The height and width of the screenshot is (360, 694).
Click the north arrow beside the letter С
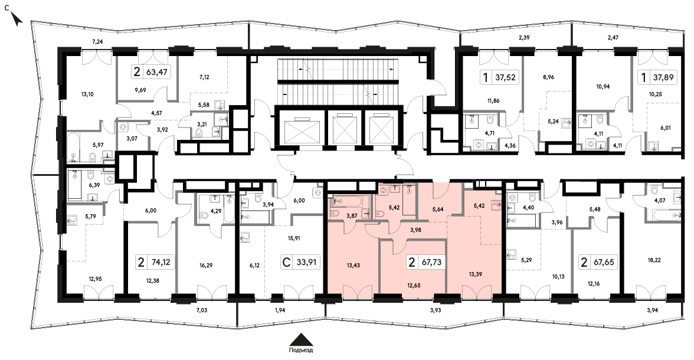click(17, 19)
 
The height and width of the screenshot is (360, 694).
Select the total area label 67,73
click(431, 262)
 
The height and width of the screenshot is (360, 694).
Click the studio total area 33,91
click(307, 262)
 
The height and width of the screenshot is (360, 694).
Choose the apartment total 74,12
click(160, 262)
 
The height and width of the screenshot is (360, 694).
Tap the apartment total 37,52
click(505, 77)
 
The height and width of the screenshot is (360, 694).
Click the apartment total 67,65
click(604, 262)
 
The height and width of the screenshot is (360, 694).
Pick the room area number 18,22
click(654, 260)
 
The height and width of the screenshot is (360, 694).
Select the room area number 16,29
click(207, 266)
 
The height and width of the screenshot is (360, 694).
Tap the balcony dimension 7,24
click(97, 42)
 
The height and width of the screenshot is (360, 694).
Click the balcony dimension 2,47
click(613, 38)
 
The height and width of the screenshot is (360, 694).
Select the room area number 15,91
click(294, 238)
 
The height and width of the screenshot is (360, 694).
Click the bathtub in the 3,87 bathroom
click(352, 201)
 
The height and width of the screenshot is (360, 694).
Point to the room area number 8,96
click(548, 77)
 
